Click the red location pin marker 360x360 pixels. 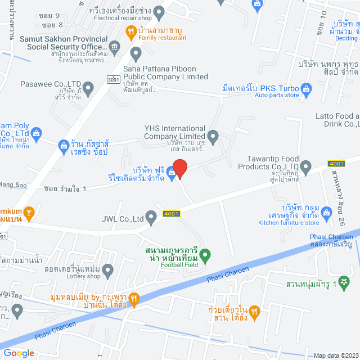click(179, 168)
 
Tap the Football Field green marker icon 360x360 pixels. click(205, 255)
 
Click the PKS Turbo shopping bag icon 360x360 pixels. click(306, 88)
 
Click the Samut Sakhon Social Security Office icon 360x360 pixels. click(115, 46)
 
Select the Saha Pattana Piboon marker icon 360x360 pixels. click(136, 53)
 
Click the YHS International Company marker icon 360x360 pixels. click(213, 136)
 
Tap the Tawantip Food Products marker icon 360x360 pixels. click(305, 166)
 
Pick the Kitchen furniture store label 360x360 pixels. click(288, 223)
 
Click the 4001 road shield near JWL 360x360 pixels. click(172, 213)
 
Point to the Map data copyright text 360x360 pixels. click(335, 355)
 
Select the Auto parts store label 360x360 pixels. click(277, 96)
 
